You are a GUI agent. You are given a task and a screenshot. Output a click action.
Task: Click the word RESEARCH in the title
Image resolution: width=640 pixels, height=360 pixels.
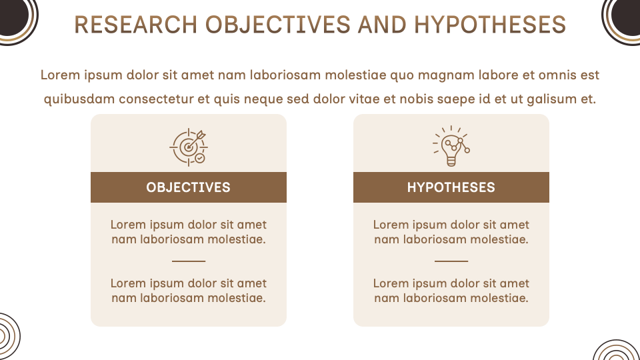pos(136,25)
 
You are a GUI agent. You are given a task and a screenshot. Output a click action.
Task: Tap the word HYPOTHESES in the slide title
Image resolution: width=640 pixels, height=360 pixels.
pos(490,25)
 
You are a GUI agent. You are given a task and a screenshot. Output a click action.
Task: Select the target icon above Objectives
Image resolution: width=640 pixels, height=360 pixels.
pos(189,147)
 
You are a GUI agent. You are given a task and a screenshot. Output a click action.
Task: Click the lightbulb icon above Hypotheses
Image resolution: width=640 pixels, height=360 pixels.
pos(451,146)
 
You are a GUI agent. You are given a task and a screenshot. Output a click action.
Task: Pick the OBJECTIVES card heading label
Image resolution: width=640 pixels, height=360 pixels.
pos(189,187)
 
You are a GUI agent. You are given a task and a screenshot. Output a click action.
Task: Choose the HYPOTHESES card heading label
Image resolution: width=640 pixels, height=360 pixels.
pos(451,187)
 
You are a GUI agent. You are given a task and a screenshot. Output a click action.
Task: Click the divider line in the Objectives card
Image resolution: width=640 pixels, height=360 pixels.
pos(189,261)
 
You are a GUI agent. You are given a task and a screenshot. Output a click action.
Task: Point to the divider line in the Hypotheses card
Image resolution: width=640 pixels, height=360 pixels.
pos(451,261)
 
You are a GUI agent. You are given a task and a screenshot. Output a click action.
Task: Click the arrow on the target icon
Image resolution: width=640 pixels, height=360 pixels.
pos(196,141)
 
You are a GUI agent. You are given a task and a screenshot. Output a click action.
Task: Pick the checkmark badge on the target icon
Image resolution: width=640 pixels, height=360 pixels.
pos(199,158)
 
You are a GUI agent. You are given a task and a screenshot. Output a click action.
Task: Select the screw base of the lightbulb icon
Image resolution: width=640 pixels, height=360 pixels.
pos(451,162)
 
